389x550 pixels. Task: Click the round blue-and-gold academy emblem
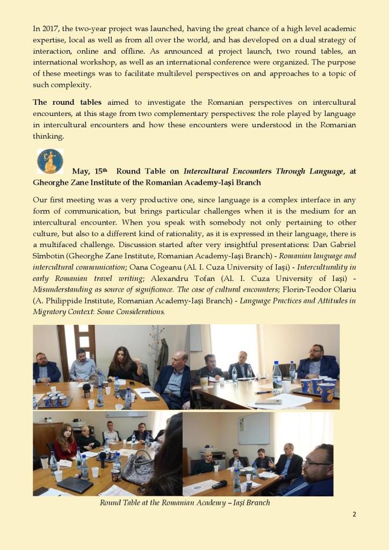50,162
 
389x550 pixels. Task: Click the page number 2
354,514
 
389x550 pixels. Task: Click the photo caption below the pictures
185,503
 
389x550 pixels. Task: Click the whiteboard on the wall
254,428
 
